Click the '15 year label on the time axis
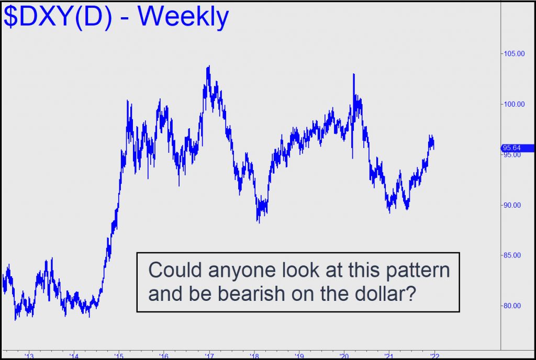click(119, 356)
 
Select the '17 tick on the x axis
click(209, 356)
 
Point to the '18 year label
click(254, 356)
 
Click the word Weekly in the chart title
click(183, 17)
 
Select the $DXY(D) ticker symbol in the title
click(58, 17)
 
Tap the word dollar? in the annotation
click(386, 293)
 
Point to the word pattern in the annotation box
click(418, 271)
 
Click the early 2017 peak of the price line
click(209, 66)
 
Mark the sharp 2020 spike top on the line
click(354, 74)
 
